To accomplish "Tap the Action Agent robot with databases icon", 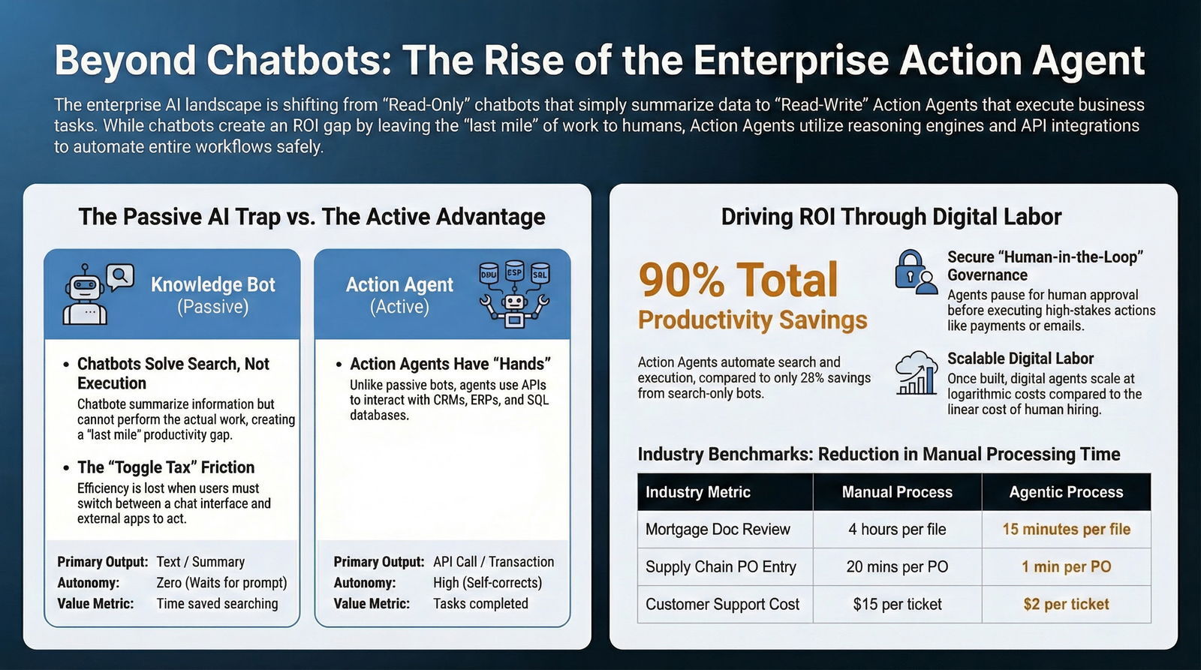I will pos(514,293).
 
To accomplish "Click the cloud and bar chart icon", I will pos(917,373).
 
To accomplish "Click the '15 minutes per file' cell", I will pos(1066,529).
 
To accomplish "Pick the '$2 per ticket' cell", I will pos(1066,604).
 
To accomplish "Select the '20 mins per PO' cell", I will pos(897,566).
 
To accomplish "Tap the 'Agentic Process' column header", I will pos(1066,492).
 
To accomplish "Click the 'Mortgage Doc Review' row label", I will pos(718,529).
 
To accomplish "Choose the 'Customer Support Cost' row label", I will pos(722,604).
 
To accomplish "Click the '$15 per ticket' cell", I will pos(897,604).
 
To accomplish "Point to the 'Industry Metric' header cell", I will pos(698,492).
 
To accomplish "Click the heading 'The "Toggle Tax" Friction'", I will pos(166,467).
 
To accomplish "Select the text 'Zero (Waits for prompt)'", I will pos(221,583).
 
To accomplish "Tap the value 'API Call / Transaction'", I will pos(493,562).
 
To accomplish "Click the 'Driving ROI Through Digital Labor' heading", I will pos(891,217).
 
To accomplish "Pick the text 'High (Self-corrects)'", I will pos(487,583).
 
